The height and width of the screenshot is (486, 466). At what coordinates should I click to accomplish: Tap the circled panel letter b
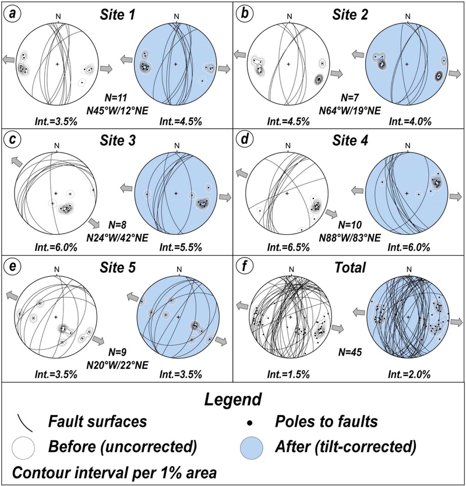pos(245,14)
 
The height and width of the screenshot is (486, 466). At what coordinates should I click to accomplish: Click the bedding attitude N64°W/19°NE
pos(350,111)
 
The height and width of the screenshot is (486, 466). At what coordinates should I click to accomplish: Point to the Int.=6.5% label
pos(288,247)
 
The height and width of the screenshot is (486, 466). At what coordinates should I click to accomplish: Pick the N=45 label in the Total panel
pos(350,352)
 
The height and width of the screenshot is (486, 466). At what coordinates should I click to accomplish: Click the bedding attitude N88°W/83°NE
pos(350,237)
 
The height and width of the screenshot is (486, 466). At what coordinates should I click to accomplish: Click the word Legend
pos(232,400)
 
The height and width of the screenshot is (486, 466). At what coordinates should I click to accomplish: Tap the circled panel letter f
pos(245,267)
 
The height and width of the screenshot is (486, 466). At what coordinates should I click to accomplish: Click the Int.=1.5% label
pos(288,375)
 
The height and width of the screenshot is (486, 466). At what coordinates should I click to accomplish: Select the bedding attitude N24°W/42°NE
pos(117,237)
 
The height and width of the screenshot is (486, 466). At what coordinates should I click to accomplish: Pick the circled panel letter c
pos(12,140)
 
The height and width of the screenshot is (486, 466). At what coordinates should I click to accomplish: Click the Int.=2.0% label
pos(409,375)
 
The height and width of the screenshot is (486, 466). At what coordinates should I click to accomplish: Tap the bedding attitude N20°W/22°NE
pos(117,365)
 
